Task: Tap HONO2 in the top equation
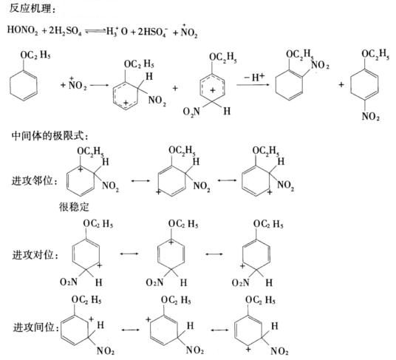pos(22,30)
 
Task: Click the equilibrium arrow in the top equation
pos(95,31)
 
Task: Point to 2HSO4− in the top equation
pos(152,32)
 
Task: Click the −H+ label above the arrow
pos(253,77)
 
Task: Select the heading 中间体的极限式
pos(49,137)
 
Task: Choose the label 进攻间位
pos(36,327)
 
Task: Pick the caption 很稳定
pos(74,207)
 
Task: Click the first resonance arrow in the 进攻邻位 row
pos(140,181)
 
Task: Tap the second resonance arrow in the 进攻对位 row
pos(214,254)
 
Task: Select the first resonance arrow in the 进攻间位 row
pos(130,330)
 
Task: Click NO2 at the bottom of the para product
pos(371,117)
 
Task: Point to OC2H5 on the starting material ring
pos(35,55)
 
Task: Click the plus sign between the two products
pos(341,84)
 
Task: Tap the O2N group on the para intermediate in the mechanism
pos(191,111)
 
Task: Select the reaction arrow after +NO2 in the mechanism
pos(99,85)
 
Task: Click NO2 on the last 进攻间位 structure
pos(279,351)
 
